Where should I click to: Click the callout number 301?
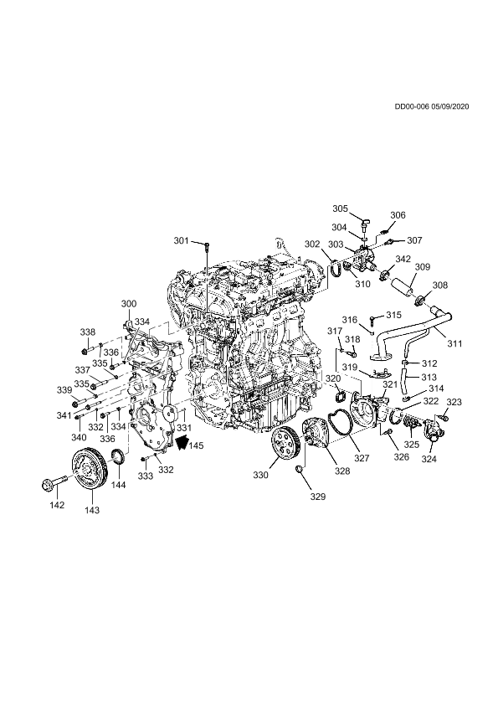pyautogui.click(x=181, y=241)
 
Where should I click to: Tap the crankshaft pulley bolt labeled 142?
pyautogui.click(x=53, y=483)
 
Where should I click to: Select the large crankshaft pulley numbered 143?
pyautogui.click(x=90, y=471)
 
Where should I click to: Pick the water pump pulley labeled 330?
pyautogui.click(x=286, y=443)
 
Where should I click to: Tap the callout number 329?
pyautogui.click(x=317, y=497)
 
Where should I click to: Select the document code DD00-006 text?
pyautogui.click(x=412, y=106)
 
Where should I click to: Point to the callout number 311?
pyautogui.click(x=454, y=344)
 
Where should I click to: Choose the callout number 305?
pyautogui.click(x=340, y=208)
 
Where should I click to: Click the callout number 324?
pyautogui.click(x=429, y=459)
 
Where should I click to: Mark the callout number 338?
pyautogui.click(x=88, y=332)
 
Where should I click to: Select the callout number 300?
pyautogui.click(x=129, y=304)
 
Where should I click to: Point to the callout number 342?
pyautogui.click(x=403, y=259)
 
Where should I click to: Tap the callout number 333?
pyautogui.click(x=145, y=476)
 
